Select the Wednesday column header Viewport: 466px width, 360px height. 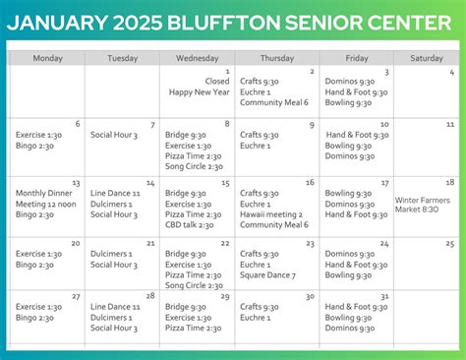[x=197, y=58]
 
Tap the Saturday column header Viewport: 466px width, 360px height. [x=427, y=58]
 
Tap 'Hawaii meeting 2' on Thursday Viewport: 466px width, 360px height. [x=271, y=214]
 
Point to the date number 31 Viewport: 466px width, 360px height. [x=384, y=295]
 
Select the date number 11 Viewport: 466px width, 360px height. [x=449, y=125]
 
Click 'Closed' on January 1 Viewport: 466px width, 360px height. [x=217, y=82]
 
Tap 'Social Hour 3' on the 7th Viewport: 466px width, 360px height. [x=114, y=135]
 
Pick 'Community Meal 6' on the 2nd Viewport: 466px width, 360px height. [x=274, y=102]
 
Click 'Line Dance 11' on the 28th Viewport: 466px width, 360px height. [x=115, y=307]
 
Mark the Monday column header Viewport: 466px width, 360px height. [x=47, y=58]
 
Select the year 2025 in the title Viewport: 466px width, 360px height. [x=161, y=23]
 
